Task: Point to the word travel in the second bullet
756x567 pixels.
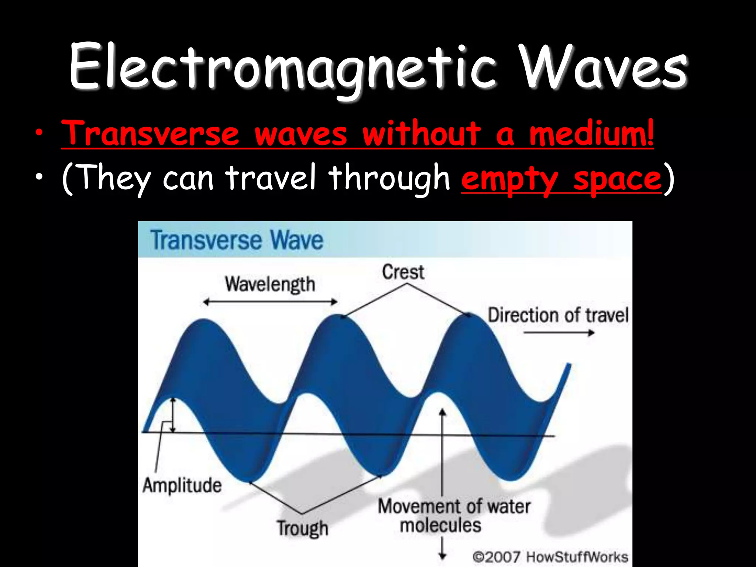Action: point(271,178)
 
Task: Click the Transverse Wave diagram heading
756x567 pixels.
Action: point(237,240)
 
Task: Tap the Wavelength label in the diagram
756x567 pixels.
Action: point(270,285)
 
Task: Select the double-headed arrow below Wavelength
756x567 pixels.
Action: point(270,302)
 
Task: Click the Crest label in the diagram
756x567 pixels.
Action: point(403,272)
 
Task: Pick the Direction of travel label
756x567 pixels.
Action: point(558,316)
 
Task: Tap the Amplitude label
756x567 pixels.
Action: point(182,485)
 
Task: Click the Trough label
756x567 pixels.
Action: point(303,528)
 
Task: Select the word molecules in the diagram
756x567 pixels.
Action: point(441,525)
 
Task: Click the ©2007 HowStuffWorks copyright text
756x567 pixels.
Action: point(550,557)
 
